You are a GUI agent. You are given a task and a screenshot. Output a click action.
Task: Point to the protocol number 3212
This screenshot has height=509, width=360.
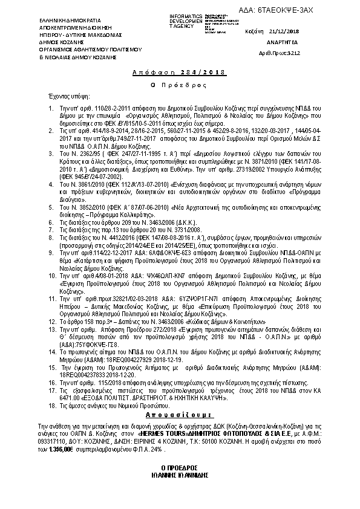point(292,53)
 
